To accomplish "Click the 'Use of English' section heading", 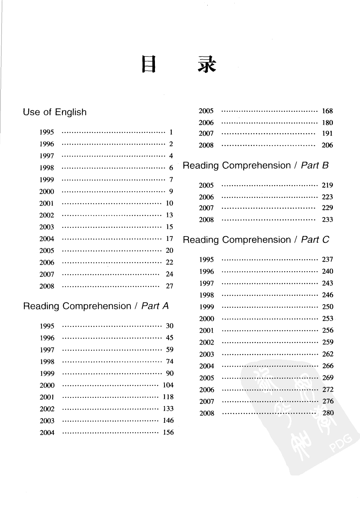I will coord(55,112).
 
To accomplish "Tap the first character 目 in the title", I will coord(149,65).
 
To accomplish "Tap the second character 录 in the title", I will coord(207,65).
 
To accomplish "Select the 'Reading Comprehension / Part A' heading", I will coord(96,306).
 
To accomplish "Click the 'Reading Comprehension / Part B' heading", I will coord(256,165).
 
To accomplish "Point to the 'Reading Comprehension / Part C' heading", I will coord(256,240).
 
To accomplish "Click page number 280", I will coord(328,413).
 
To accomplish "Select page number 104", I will coord(168,385).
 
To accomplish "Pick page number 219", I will coord(327,185).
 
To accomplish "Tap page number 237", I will coord(327,260).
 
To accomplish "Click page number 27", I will coord(169,286).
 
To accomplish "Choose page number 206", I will coord(327,145).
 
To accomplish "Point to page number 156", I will coord(168,432).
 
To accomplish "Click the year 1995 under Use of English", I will coord(47,132).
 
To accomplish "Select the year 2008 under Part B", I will coord(206,220).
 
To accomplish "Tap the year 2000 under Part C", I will coord(207,319).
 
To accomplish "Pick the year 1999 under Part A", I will coord(47,373).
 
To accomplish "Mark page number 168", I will coord(327,111).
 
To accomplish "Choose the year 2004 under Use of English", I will coord(47,239).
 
